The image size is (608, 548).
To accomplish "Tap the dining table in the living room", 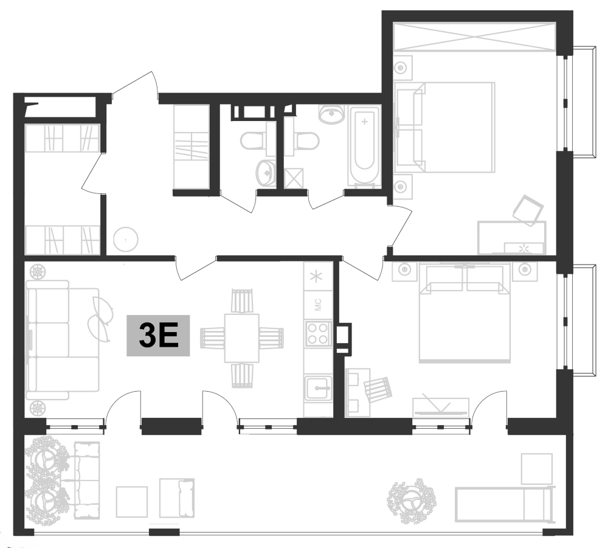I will pyautogui.click(x=241, y=338).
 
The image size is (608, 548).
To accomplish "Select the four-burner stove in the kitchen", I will pyautogui.click(x=318, y=333).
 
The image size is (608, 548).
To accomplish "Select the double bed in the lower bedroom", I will pyautogui.click(x=465, y=313).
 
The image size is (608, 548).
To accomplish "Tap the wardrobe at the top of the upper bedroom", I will pyautogui.click(x=475, y=37).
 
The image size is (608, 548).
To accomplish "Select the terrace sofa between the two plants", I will pyautogui.click(x=86, y=480).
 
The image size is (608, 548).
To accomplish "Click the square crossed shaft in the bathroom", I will pyautogui.click(x=295, y=178).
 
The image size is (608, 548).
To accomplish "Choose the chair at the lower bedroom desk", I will pyautogui.click(x=377, y=389).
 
